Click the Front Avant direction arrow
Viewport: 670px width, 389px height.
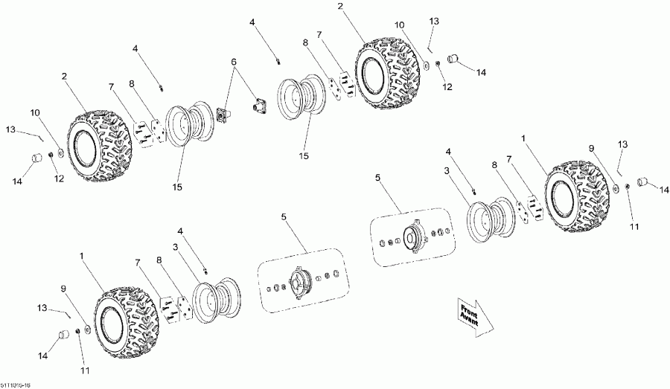[474, 316]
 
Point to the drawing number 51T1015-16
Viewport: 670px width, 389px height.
[16, 384]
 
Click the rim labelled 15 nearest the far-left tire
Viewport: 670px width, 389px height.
[182, 129]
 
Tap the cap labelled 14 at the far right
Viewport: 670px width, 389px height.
[643, 182]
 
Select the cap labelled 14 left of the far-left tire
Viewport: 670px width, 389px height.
[35, 159]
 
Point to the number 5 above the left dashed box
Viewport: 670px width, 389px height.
[284, 216]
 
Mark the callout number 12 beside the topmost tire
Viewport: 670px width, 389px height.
[447, 87]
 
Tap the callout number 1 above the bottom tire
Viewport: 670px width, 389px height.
[80, 254]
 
